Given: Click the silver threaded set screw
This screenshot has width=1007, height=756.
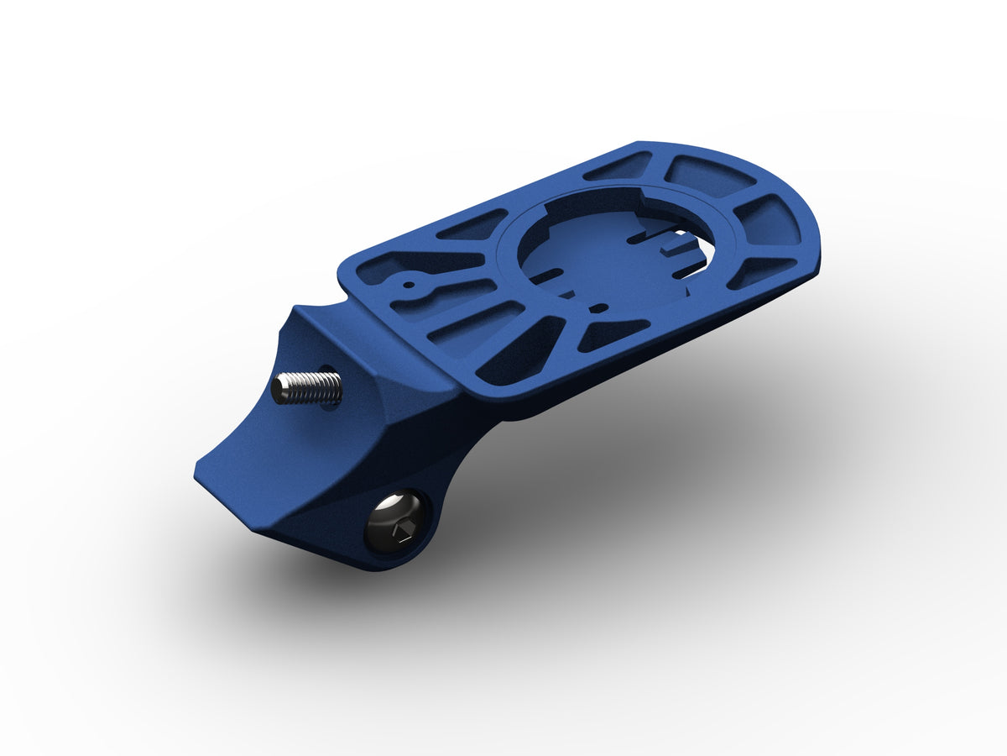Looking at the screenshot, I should tap(309, 387).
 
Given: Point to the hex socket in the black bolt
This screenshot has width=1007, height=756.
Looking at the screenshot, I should tap(399, 530).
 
